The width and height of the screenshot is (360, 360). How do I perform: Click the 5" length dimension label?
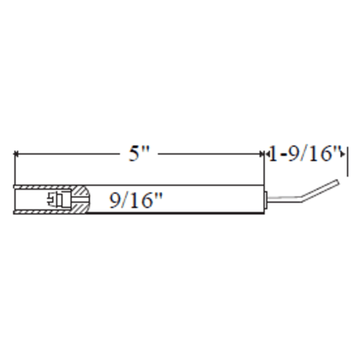139,153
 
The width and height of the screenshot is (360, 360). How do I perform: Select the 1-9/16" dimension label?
305,153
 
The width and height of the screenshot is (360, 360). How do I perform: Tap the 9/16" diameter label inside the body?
136,200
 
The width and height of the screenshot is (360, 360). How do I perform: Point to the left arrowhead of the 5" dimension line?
16,154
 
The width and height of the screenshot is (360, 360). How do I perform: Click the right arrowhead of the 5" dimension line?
261,154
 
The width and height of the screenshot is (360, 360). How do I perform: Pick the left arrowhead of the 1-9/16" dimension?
267,154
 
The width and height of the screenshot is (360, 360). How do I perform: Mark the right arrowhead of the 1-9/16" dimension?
343,154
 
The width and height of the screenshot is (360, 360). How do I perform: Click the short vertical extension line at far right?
348,162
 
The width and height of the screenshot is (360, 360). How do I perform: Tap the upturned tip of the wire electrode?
338,182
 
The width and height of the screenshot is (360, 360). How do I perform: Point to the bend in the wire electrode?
301,199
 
